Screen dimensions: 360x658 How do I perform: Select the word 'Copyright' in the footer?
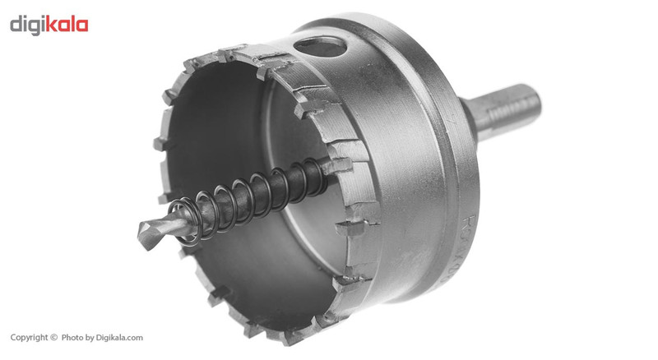(29, 338)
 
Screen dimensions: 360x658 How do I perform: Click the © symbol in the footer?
(54, 338)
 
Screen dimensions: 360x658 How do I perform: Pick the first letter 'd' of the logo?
(16, 25)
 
